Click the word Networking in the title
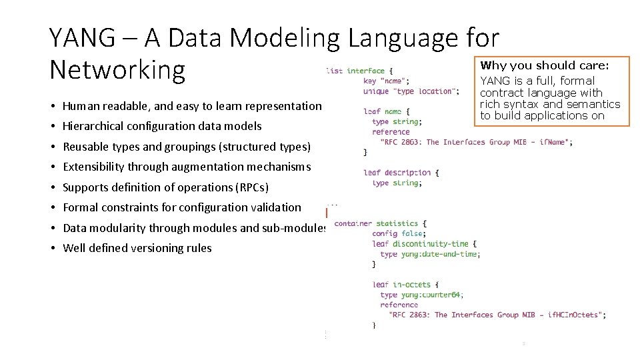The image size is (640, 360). click(117, 69)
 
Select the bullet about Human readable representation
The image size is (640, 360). click(192, 106)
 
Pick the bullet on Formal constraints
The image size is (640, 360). click(181, 207)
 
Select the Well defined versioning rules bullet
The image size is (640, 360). click(137, 248)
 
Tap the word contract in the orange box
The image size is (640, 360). click(501, 93)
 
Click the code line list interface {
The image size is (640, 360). click(360, 71)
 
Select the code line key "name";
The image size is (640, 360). click(391, 81)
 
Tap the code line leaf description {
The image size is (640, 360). click(401, 173)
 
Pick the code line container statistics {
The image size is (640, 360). click(380, 223)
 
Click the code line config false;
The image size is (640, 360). click(399, 233)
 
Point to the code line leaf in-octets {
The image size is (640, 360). click(405, 285)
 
